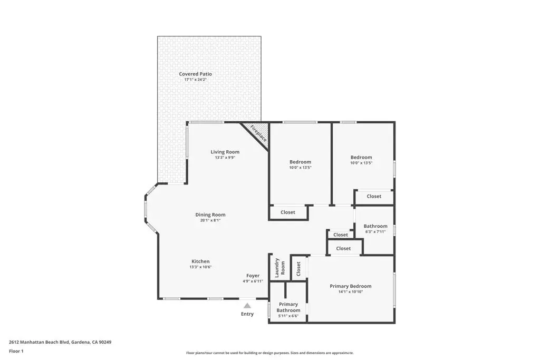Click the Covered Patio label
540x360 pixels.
[195, 74]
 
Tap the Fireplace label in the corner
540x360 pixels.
[258, 133]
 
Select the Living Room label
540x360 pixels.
[225, 152]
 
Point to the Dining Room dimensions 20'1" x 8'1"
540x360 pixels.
[210, 220]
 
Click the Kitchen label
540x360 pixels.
[200, 261]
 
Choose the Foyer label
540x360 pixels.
[253, 276]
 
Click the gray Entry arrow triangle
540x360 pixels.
[247, 305]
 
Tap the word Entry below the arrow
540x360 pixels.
[247, 314]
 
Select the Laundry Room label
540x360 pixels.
[279, 268]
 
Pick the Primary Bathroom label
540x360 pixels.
[288, 307]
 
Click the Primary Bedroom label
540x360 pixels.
[351, 286]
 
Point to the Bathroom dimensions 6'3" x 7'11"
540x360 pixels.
[375, 231]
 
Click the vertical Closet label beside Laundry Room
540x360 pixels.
[298, 268]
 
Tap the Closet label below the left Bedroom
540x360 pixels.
[287, 212]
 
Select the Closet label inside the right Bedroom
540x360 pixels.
[374, 196]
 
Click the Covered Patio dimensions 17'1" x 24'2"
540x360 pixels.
[195, 80]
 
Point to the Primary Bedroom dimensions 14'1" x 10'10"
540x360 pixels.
[351, 292]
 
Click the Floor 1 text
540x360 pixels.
[16, 352]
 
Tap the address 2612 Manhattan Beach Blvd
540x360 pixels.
[39, 342]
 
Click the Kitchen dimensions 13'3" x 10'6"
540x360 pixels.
[200, 267]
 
